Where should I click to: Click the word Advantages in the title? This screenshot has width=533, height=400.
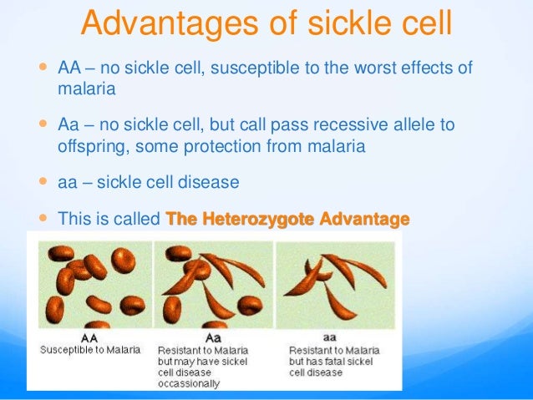tap(170, 23)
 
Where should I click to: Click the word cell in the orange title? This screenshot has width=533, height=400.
tap(427, 23)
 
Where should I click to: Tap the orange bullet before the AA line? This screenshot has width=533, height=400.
tap(43, 66)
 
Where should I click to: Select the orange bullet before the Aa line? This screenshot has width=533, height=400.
tap(43, 123)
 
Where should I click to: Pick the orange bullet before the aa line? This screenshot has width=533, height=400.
tap(43, 181)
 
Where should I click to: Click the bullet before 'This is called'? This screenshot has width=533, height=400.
tap(43, 217)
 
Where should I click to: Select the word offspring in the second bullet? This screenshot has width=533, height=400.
tap(94, 147)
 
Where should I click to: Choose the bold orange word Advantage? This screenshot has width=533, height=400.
tap(364, 219)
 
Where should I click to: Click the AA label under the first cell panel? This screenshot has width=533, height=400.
tap(89, 338)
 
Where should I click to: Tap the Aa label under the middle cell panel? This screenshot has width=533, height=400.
tap(213, 338)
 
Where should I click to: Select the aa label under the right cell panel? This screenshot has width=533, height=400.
tap(329, 337)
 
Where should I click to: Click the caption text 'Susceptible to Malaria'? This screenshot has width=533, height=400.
tap(90, 350)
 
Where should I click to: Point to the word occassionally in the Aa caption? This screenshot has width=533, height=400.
tap(189, 384)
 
